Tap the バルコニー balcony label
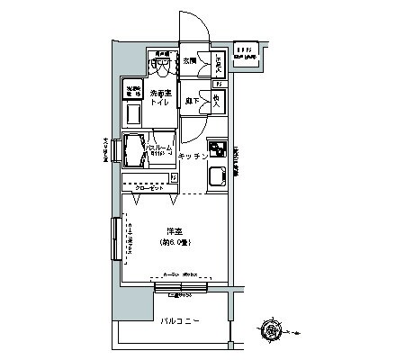(180, 320)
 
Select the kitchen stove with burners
(216, 149)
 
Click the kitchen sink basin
(217, 176)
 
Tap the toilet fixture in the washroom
(162, 62)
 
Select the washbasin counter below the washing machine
(132, 115)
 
